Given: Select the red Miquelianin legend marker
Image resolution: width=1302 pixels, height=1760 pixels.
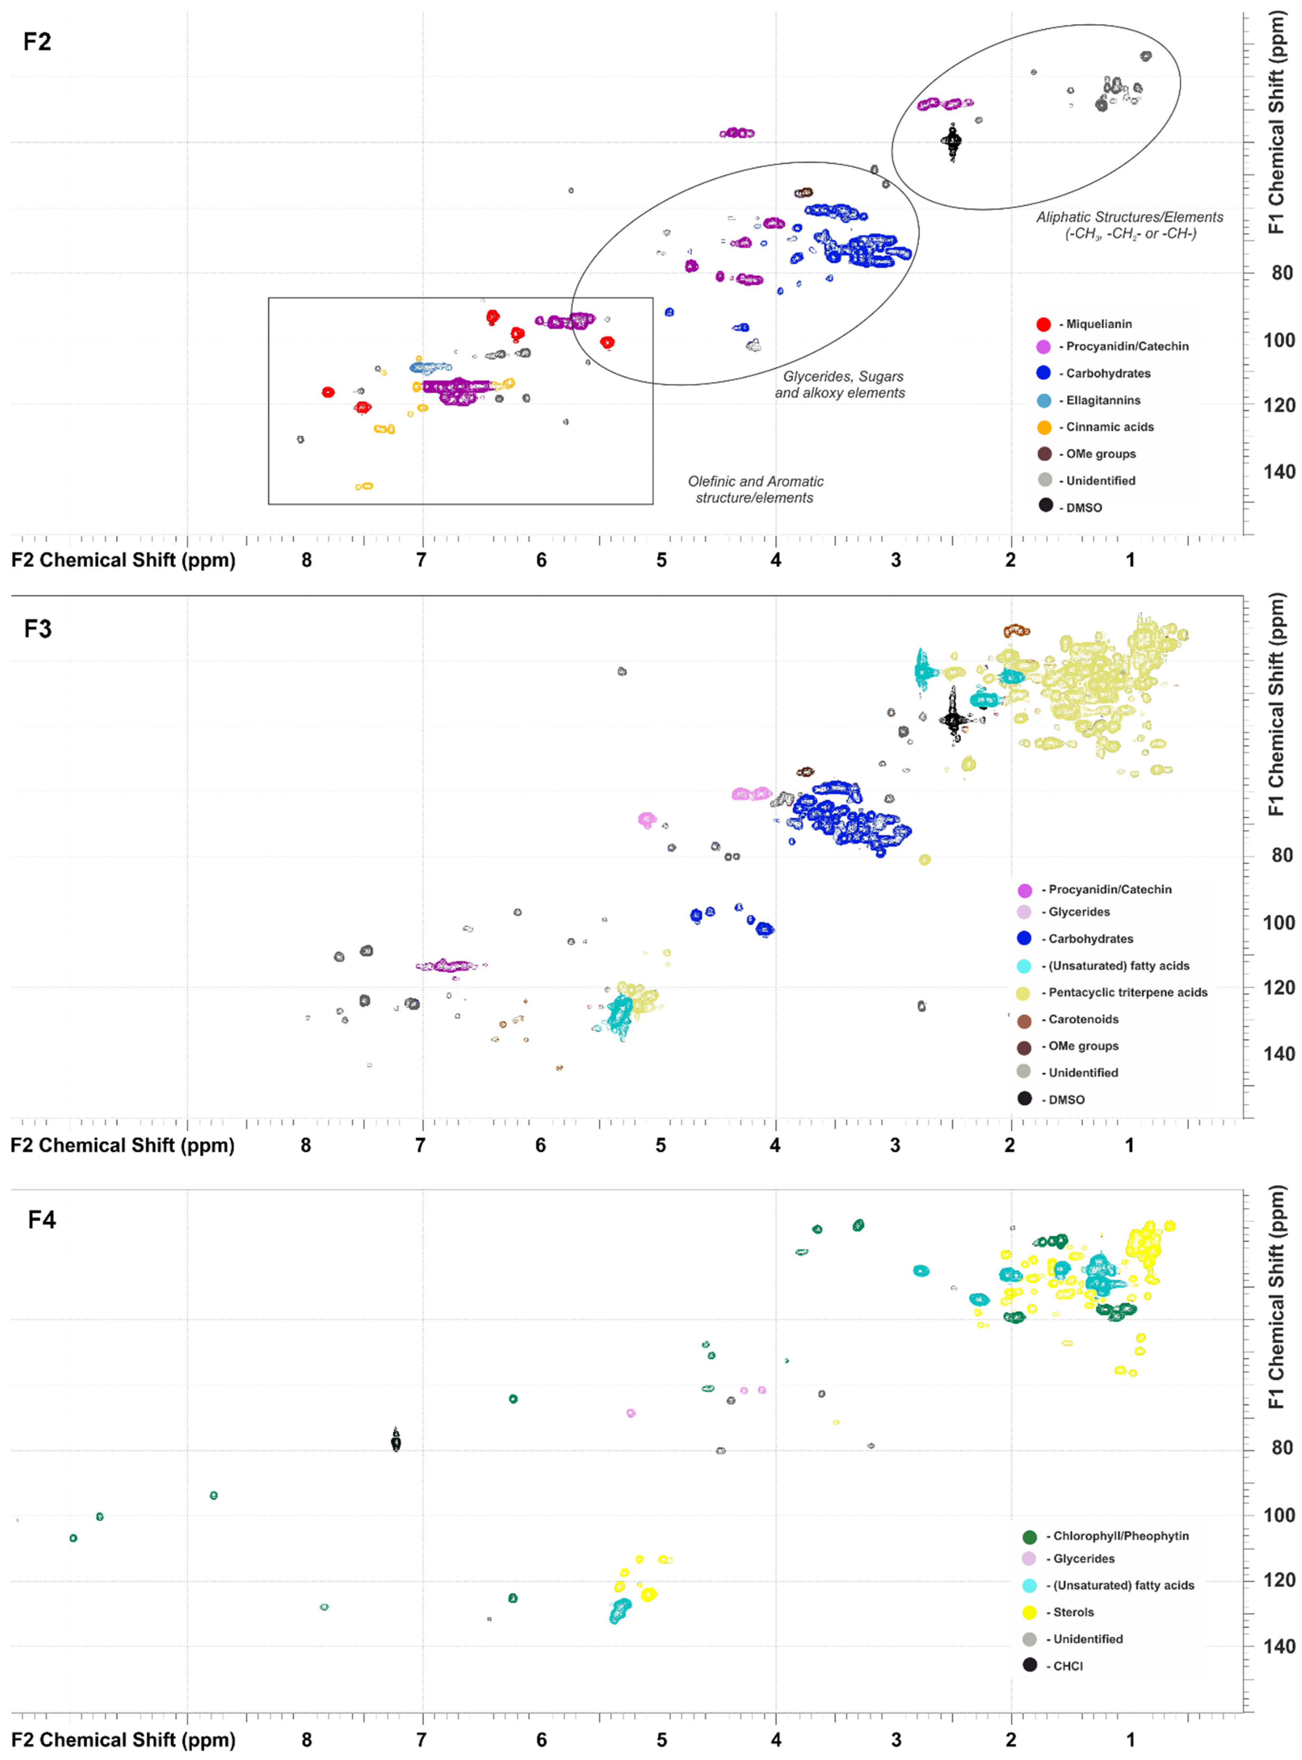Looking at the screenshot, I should [x=1044, y=324].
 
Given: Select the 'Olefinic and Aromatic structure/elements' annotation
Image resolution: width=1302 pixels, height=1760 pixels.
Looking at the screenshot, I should [x=755, y=490].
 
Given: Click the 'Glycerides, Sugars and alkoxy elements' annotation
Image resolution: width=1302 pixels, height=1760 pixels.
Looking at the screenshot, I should [x=840, y=385].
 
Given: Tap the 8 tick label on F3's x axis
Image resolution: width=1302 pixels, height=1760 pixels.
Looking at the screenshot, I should [x=306, y=1146].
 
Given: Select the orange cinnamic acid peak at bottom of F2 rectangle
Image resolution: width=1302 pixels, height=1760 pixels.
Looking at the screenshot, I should [x=364, y=487].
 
